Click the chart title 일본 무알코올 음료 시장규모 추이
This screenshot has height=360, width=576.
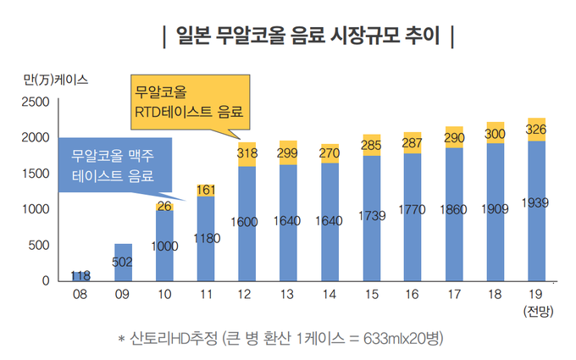(x=308, y=36)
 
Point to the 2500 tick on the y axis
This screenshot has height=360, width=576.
(x=40, y=102)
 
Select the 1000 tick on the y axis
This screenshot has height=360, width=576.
(x=40, y=209)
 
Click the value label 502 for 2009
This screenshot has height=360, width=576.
(x=122, y=263)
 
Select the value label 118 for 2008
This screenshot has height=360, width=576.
(x=80, y=275)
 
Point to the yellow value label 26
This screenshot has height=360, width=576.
(x=164, y=206)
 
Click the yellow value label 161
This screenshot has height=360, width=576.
(x=206, y=190)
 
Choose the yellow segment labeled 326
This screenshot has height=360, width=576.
(x=537, y=130)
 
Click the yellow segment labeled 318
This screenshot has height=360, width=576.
(x=247, y=154)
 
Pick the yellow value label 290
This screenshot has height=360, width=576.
(x=454, y=137)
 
